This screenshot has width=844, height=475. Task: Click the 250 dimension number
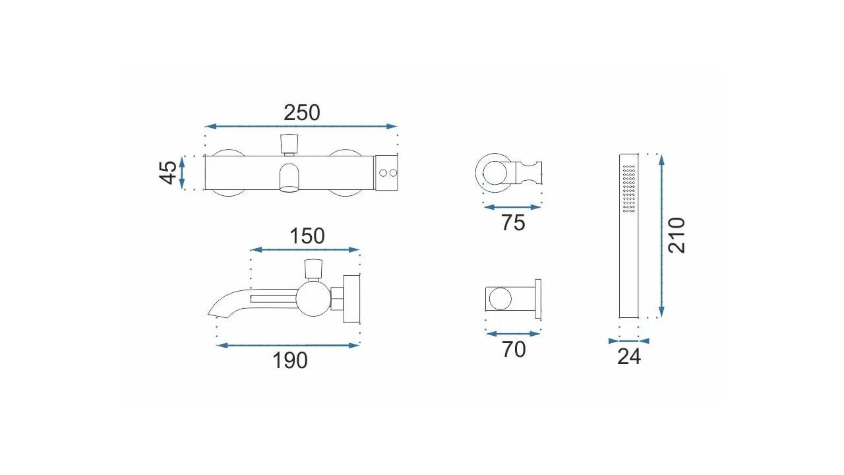pyautogui.click(x=302, y=113)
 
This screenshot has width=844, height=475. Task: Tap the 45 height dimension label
pyautogui.click(x=168, y=173)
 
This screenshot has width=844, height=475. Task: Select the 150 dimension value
pyautogui.click(x=307, y=236)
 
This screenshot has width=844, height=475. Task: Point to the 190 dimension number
pyautogui.click(x=289, y=360)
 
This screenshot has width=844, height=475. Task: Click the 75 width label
pyautogui.click(x=513, y=222)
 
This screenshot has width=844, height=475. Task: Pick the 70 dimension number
pyautogui.click(x=514, y=350)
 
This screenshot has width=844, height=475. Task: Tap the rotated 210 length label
pyautogui.click(x=677, y=236)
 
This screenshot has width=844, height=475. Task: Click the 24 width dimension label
pyautogui.click(x=629, y=357)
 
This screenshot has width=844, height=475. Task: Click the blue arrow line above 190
pyautogui.click(x=288, y=345)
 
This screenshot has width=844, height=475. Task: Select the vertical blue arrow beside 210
pyautogui.click(x=661, y=236)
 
